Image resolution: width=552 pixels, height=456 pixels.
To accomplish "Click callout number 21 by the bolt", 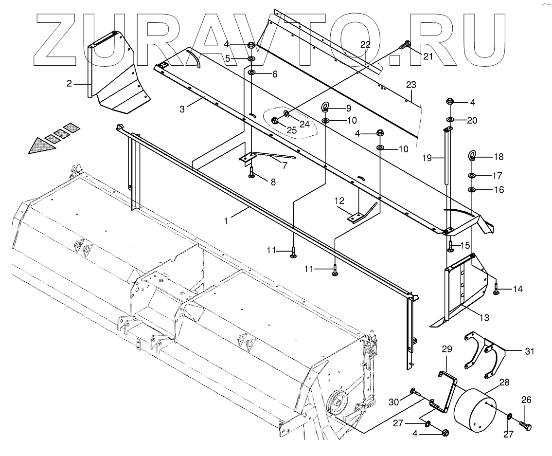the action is (x=427, y=56).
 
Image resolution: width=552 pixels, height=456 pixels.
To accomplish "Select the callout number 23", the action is (x=411, y=85).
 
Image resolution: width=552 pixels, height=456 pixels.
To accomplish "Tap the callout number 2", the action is (x=70, y=83).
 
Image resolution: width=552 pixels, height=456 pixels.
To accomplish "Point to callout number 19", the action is (x=427, y=158).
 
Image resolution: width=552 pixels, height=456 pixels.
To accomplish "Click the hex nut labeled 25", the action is (x=274, y=120).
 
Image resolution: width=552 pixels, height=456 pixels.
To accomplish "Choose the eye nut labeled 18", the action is (x=472, y=156).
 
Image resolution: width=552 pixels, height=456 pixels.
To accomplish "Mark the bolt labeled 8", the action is (x=251, y=173).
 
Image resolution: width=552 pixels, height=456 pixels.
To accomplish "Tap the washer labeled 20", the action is (x=451, y=119).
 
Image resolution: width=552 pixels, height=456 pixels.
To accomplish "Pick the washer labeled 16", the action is (x=472, y=189).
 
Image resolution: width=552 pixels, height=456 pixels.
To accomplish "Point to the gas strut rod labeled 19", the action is (x=446, y=156).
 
